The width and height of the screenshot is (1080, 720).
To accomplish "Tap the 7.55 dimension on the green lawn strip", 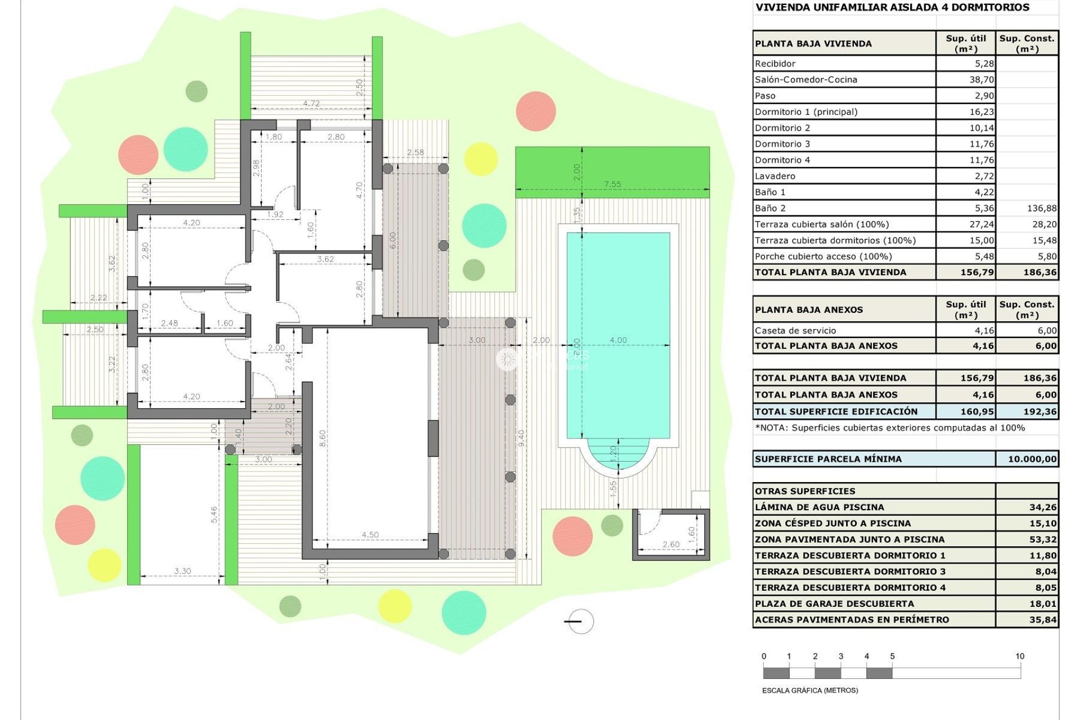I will tap(612, 184).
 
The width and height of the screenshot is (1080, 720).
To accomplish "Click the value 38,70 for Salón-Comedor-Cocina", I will tap(981, 80).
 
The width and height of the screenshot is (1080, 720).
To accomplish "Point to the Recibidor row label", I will tap(775, 64).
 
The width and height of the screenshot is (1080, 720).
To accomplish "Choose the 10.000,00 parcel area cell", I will tap(1032, 459).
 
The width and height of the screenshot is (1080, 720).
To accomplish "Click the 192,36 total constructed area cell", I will tap(1039, 412).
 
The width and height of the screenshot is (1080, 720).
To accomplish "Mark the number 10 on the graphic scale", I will tap(1019, 656).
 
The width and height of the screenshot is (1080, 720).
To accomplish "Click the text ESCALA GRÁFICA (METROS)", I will tap(809, 690).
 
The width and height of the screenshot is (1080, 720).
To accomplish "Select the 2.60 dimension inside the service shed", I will tap(670, 544).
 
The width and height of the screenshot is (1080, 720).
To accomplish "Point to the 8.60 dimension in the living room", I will tap(322, 438).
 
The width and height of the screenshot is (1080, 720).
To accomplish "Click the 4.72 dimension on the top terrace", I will tap(311, 103).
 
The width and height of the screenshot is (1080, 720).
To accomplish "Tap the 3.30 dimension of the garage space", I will tap(182, 571).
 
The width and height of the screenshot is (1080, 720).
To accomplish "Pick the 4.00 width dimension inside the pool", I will tap(618, 340).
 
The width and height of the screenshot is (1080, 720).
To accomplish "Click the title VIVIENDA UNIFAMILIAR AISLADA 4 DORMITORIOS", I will tap(892, 7).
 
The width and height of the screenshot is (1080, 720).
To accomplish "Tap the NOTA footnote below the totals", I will tap(889, 428).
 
